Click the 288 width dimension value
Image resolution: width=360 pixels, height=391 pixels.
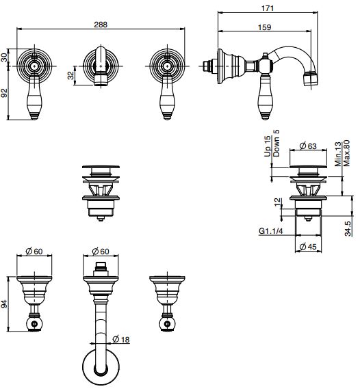coord(101,25)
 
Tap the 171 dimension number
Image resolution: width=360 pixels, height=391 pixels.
coord(268,8)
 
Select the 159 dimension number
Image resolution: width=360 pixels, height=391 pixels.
coord(264,27)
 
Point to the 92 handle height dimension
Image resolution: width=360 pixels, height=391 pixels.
coord(4,93)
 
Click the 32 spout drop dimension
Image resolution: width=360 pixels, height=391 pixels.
coord(71,75)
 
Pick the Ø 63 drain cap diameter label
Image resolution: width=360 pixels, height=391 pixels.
coord(308,146)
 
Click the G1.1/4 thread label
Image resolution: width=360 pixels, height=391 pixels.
coord(271,231)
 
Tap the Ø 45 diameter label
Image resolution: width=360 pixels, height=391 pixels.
coord(308,247)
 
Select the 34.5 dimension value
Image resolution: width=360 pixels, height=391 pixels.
coord(348,228)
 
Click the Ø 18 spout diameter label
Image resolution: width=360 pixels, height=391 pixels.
coord(121,339)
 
